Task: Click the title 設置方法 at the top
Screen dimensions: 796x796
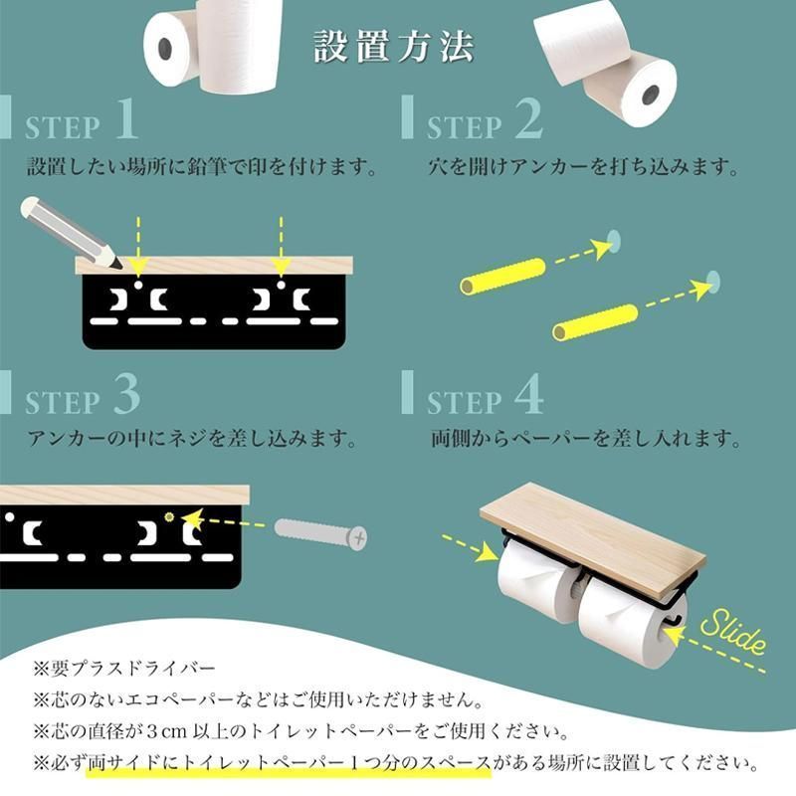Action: coord(393,46)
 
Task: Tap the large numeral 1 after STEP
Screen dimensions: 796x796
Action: coord(127,118)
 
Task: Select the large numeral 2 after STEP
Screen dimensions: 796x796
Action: coord(529,118)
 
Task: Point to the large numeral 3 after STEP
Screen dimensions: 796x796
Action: coord(127,394)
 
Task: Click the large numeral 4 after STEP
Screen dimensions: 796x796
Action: coord(529,394)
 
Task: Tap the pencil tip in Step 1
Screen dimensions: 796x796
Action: coord(119,265)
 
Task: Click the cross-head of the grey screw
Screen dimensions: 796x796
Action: coord(359,538)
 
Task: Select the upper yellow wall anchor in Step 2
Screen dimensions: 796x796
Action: coord(502,277)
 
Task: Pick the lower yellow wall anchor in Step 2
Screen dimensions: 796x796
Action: coord(595,322)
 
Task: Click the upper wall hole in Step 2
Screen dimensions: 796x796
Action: coord(614,241)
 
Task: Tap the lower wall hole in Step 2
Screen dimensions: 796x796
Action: coord(713,283)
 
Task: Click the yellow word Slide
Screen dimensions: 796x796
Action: coord(733,632)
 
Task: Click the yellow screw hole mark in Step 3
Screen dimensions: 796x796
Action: coord(169,516)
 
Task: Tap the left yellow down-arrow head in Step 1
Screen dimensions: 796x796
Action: coord(138,266)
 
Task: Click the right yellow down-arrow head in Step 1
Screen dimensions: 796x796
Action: coord(281,266)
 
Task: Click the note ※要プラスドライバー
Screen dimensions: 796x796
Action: coord(124,668)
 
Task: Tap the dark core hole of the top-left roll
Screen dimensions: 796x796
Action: coord(165,48)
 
